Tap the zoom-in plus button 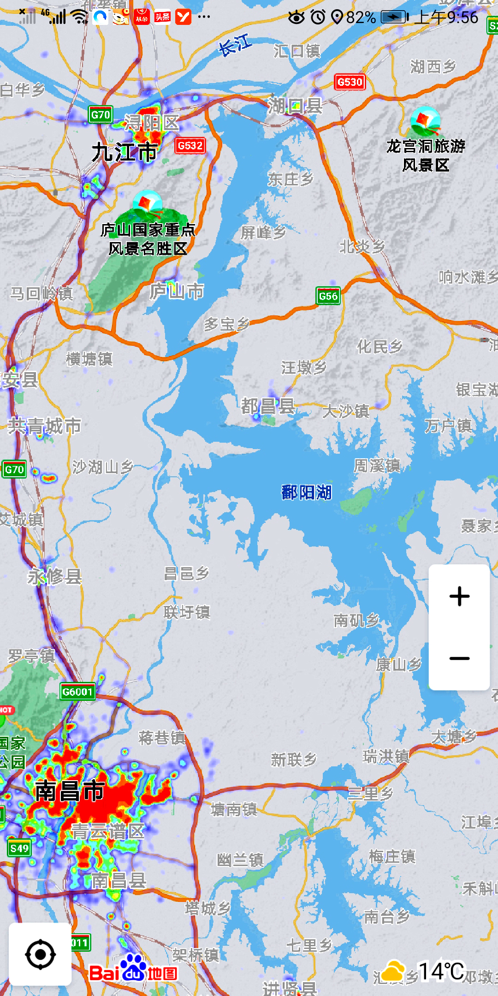point(459,596)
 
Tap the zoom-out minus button point(459,658)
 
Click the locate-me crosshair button point(41,954)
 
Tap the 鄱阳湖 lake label point(307,492)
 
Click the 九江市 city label point(125,152)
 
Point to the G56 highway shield point(328,296)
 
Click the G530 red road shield point(350,82)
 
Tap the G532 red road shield point(190,146)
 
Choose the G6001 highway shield point(77,692)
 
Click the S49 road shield point(19,848)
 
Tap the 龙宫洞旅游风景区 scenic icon point(425,120)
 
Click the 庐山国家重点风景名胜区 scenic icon point(148,204)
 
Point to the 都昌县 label point(268,407)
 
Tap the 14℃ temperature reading point(441,971)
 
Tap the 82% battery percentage point(361,18)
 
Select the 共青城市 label point(45,426)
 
